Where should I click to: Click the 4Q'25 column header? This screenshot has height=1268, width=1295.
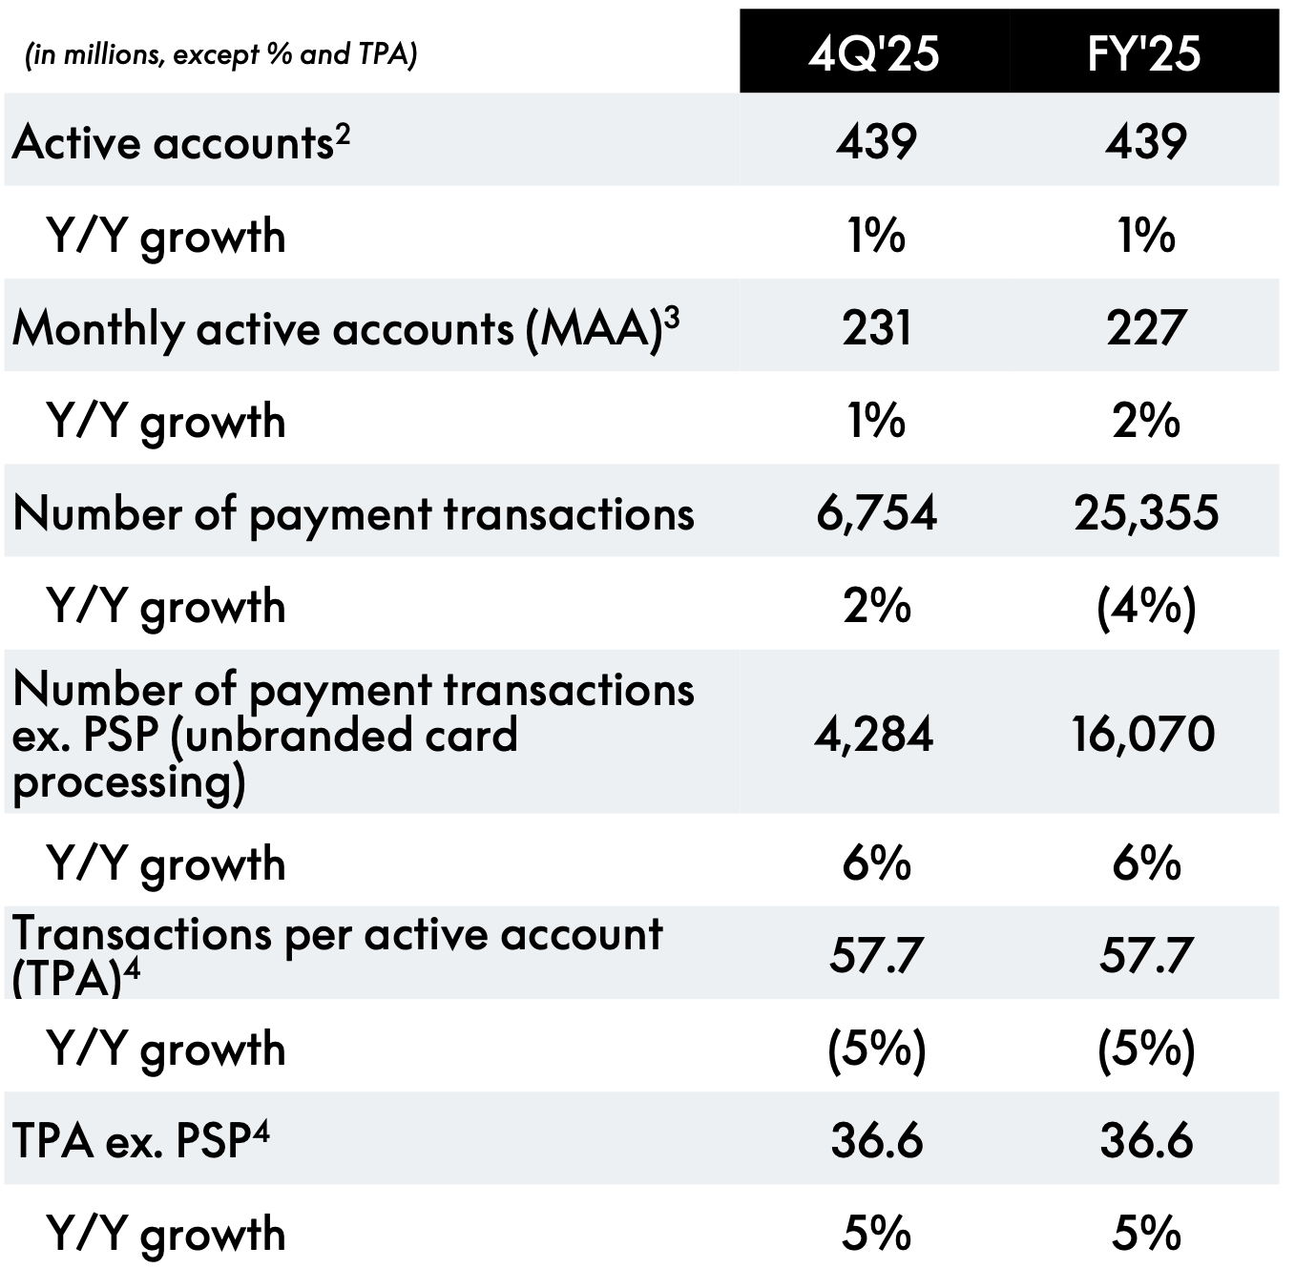tap(873, 52)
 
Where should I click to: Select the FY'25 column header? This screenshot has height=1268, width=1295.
tap(1143, 52)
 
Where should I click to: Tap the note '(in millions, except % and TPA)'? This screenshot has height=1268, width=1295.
tap(220, 55)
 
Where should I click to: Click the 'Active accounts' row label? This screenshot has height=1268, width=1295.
tap(172, 143)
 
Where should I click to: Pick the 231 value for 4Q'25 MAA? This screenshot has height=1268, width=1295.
tap(876, 327)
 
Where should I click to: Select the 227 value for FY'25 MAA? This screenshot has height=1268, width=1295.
tap(1145, 327)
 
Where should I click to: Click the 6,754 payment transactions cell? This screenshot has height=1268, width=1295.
tap(876, 513)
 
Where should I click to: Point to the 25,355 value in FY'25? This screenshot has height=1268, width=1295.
tap(1145, 513)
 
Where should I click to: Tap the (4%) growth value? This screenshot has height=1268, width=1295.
tap(1145, 607)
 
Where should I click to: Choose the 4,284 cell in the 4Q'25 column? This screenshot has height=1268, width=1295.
tap(873, 735)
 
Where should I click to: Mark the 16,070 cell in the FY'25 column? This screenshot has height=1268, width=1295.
tap(1143, 735)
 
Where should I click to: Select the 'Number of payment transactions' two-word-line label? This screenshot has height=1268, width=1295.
tap(353, 514)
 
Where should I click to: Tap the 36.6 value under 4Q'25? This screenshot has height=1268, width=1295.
tap(876, 1141)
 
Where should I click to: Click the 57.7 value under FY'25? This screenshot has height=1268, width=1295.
tap(1145, 955)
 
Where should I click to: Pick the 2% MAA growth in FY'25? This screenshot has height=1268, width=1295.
tap(1145, 421)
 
